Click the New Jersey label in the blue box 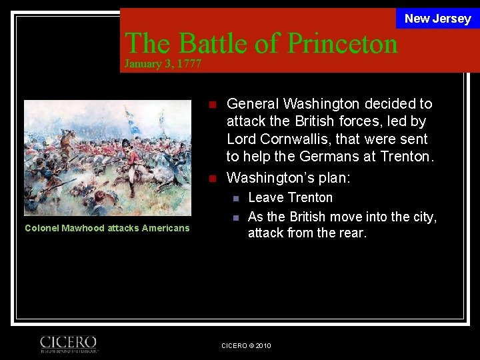tap(437, 19)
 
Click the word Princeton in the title tap(341, 43)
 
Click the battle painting tap(107, 157)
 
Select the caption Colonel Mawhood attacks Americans tap(107, 228)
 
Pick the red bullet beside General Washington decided tap(212, 105)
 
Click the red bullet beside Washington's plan tap(212, 179)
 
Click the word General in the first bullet tap(253, 104)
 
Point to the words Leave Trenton tap(290, 197)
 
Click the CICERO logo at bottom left tap(69, 343)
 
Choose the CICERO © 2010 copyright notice tap(246, 345)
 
